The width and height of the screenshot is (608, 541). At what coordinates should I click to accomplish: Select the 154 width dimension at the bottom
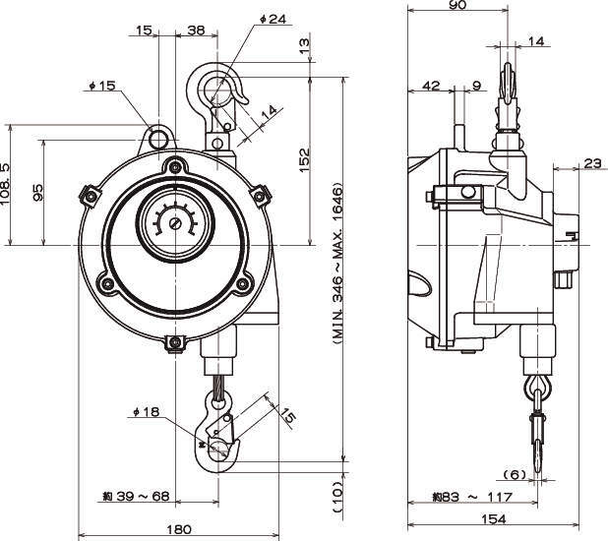point(495,518)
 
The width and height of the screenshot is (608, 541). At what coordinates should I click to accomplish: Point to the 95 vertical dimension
point(37,191)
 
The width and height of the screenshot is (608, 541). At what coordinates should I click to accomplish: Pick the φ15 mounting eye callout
point(101,87)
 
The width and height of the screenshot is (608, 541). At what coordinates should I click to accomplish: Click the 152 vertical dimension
point(303,157)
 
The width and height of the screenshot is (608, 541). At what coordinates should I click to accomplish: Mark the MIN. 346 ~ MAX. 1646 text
point(334,263)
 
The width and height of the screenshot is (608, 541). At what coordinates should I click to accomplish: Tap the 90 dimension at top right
point(455,5)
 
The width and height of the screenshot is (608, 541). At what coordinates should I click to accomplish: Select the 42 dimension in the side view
point(431,87)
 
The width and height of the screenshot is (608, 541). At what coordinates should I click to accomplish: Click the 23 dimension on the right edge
point(592,163)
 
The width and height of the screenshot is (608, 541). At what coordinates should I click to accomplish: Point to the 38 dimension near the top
point(195,30)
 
